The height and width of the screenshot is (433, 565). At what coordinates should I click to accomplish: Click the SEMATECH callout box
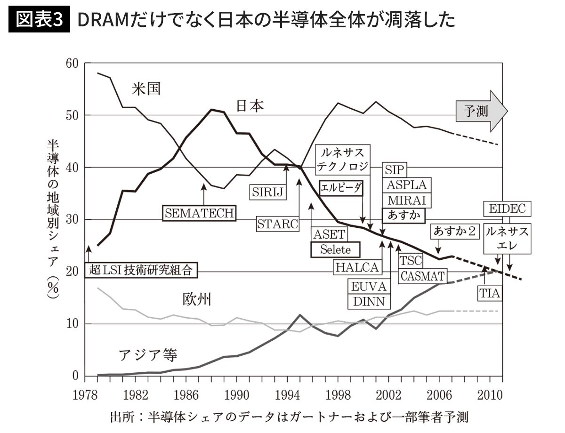(x=199, y=213)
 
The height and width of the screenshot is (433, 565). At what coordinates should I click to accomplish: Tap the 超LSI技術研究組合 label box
(x=141, y=270)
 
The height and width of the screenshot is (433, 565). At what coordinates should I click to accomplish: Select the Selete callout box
(x=335, y=249)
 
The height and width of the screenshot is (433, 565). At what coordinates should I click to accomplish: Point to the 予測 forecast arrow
(x=482, y=111)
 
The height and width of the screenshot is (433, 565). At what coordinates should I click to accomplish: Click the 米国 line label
(x=146, y=88)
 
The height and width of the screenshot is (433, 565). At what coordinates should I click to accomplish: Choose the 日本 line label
(x=250, y=106)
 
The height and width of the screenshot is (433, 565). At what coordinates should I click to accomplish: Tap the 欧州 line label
(x=196, y=299)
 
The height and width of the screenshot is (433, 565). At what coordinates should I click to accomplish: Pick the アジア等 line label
(x=148, y=355)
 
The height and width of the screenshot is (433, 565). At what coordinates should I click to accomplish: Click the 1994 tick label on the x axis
(x=287, y=395)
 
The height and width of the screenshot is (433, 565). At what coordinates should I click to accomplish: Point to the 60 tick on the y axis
(x=72, y=64)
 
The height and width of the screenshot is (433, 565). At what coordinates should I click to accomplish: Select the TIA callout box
(x=490, y=293)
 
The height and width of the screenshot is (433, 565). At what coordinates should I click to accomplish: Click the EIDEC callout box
(x=507, y=208)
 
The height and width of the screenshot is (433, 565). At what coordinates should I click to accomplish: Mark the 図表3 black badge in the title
(x=39, y=19)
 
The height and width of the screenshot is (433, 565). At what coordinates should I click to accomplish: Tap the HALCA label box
(x=357, y=267)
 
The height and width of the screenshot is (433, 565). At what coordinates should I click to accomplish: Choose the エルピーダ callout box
(x=341, y=188)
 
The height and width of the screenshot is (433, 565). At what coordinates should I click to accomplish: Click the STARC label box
(x=277, y=224)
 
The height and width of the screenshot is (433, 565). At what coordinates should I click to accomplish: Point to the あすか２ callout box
(x=454, y=231)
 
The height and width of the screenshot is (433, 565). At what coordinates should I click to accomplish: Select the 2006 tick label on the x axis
(x=439, y=395)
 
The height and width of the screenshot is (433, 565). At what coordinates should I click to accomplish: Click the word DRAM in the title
(x=103, y=20)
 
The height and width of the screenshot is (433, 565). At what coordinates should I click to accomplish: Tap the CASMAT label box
(x=422, y=276)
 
